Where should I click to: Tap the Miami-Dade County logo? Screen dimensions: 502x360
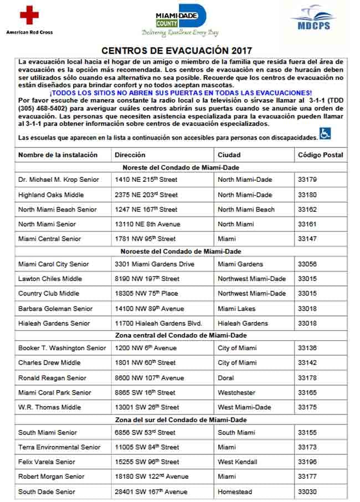pyautogui.click(x=179, y=21)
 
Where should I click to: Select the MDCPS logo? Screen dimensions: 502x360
pyautogui.click(x=313, y=21)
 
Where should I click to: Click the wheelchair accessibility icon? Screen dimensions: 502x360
pyautogui.click(x=325, y=134)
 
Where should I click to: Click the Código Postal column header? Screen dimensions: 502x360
pyautogui.click(x=320, y=155)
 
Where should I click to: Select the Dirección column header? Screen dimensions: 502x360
pyautogui.click(x=130, y=155)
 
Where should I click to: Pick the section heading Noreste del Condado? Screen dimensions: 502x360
pyautogui.click(x=181, y=167)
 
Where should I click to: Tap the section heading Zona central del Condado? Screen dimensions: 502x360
pyautogui.click(x=181, y=335)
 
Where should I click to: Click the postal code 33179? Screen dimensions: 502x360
pyautogui.click(x=307, y=180)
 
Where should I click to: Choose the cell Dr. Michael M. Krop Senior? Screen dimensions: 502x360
pyautogui.click(x=59, y=180)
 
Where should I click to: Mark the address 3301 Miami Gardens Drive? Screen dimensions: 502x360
pyautogui.click(x=155, y=264)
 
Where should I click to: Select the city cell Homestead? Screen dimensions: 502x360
pyautogui.click(x=235, y=491)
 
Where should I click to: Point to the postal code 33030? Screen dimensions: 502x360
pyautogui.click(x=307, y=491)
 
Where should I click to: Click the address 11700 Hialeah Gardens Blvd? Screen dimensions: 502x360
pyautogui.click(x=158, y=323)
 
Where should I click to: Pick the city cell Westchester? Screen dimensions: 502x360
pyautogui.click(x=236, y=392)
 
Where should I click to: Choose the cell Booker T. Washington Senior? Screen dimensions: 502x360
pyautogui.click(x=62, y=348)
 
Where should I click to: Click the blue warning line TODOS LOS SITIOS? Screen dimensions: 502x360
pyautogui.click(x=181, y=93)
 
